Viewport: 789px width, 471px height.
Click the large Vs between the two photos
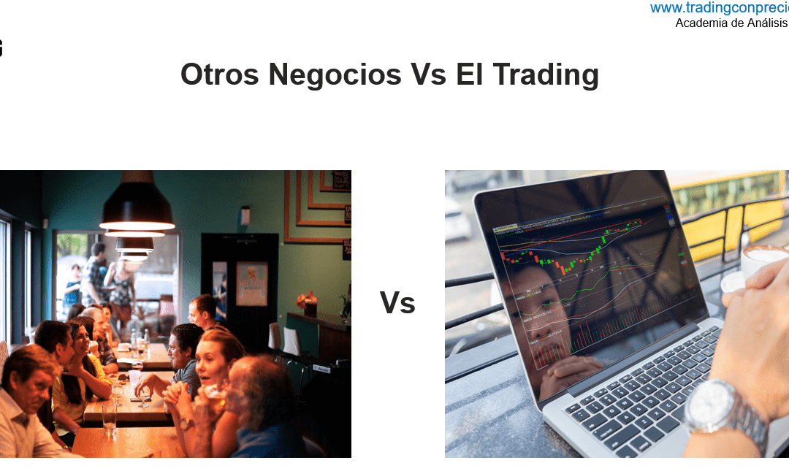(x=397, y=302)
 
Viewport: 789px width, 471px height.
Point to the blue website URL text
(x=719, y=8)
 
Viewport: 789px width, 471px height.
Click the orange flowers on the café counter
(x=305, y=300)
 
